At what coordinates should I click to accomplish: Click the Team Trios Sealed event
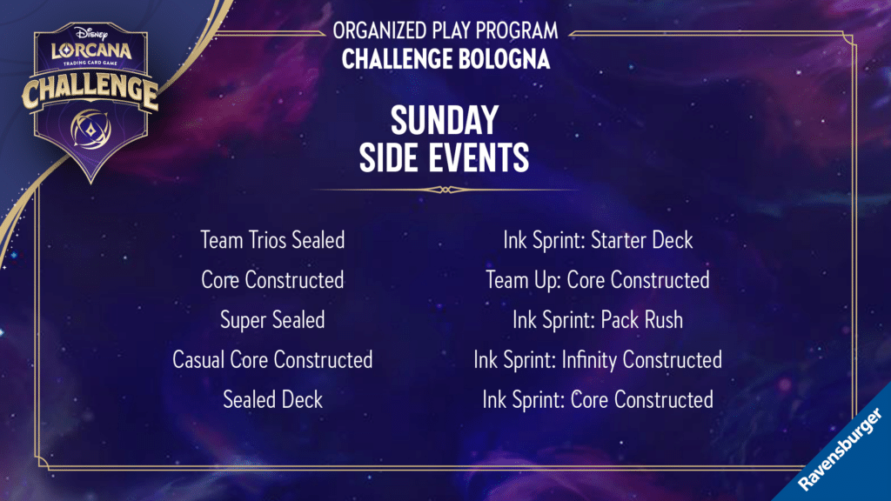tap(272, 240)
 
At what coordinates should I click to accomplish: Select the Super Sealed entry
tap(272, 320)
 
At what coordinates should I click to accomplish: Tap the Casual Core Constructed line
tap(272, 360)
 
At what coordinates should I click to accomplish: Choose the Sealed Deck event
tap(272, 400)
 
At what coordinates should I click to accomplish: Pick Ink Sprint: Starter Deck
tap(598, 240)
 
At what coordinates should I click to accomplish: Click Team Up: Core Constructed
tap(598, 280)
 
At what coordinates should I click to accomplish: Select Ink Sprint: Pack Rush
tap(598, 320)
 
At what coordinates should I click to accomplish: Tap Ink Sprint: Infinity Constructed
tap(598, 360)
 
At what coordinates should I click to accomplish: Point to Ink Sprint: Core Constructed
tap(598, 400)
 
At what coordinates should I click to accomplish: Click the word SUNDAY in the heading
tap(445, 120)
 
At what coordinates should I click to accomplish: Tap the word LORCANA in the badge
tap(91, 50)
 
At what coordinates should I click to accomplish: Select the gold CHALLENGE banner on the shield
tap(90, 91)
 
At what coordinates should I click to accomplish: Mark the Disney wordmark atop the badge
tap(90, 32)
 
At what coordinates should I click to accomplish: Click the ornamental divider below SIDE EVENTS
tap(445, 190)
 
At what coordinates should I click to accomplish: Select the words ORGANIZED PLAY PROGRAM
tap(445, 30)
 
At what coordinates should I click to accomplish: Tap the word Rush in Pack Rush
tap(661, 320)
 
